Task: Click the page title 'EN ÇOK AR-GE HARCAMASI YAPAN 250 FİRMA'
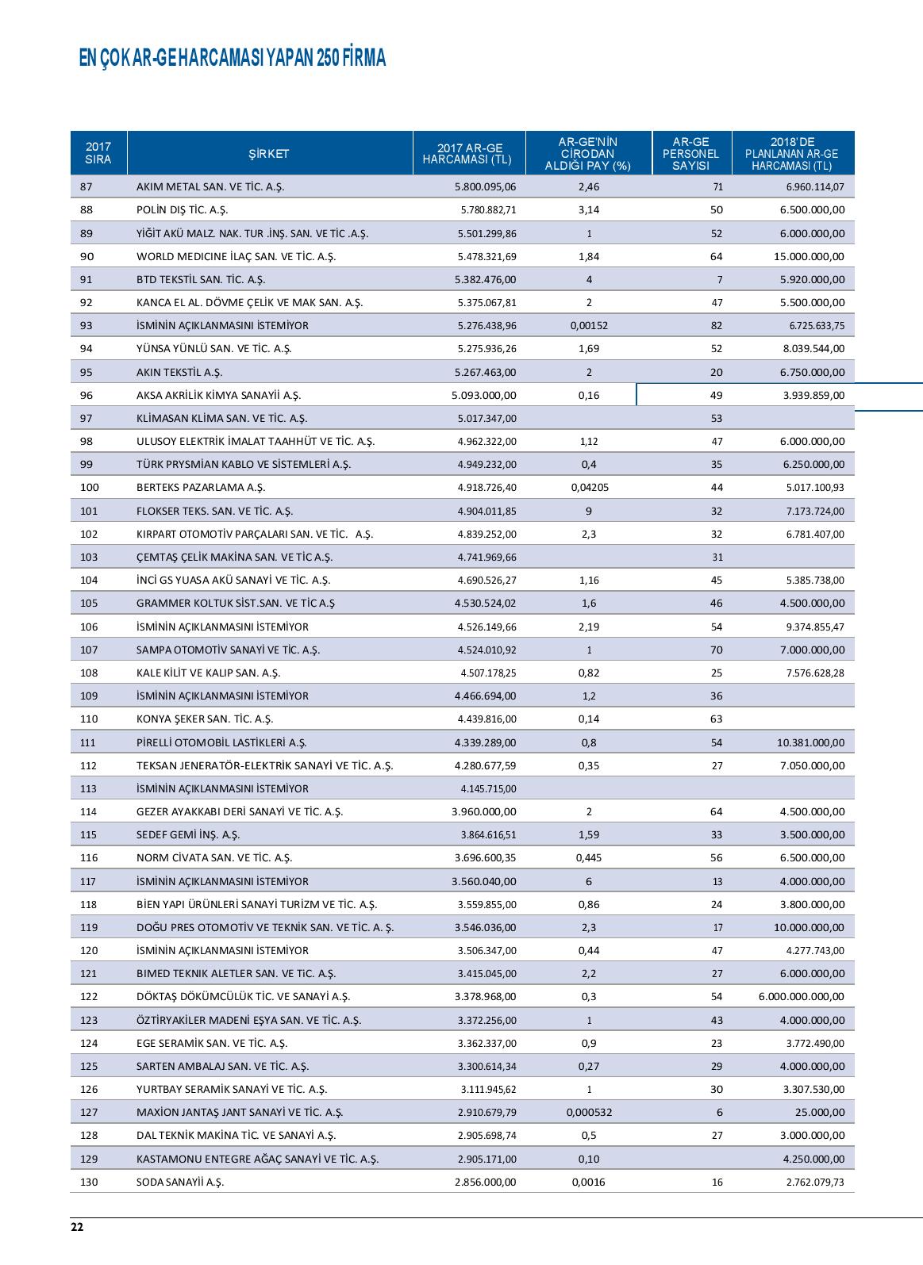click(233, 59)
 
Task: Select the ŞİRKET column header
click(269, 154)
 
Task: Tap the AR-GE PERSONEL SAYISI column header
click(690, 154)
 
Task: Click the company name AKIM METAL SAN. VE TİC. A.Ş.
click(210, 187)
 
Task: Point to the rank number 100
click(89, 488)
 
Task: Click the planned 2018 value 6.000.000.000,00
click(801, 997)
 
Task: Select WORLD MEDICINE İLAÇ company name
click(236, 257)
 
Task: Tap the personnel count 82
click(717, 326)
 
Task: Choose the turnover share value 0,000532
click(588, 1113)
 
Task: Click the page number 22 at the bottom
click(77, 1228)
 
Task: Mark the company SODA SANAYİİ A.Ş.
click(180, 1183)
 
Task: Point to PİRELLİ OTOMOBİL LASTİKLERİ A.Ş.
click(221, 742)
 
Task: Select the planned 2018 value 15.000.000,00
click(809, 257)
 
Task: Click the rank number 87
click(87, 187)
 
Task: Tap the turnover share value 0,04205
click(588, 488)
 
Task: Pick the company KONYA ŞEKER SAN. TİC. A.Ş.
click(205, 719)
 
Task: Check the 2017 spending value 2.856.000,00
click(485, 1183)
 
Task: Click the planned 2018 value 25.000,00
click(821, 1113)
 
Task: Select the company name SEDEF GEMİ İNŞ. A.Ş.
click(188, 835)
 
